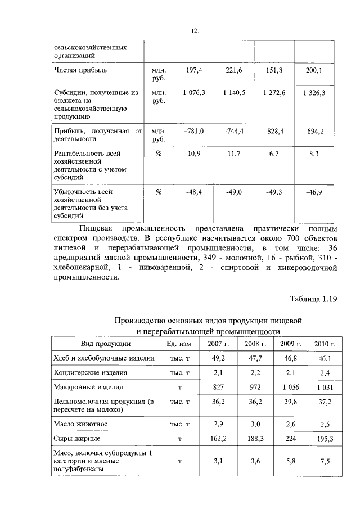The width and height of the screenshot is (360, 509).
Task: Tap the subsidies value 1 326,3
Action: [x=313, y=92]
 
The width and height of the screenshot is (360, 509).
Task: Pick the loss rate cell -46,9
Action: [x=313, y=192]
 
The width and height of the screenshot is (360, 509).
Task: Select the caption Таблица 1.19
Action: [x=313, y=299]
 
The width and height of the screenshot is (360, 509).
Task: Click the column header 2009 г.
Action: [x=291, y=344]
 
